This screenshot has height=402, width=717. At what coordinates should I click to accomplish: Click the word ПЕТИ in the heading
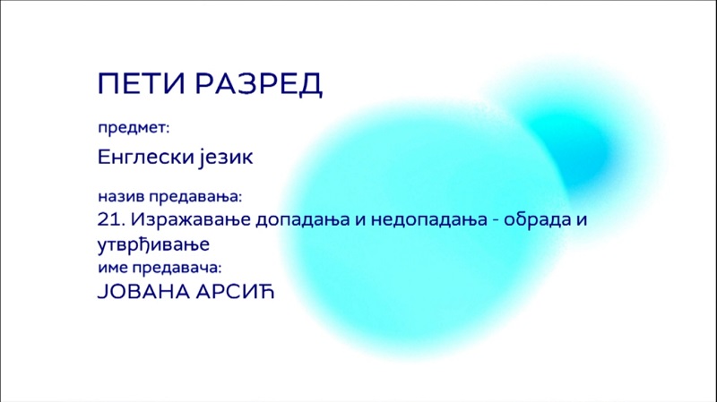click(x=142, y=83)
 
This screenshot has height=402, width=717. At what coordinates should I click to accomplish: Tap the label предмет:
click(x=134, y=128)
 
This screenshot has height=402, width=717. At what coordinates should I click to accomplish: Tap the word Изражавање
click(x=191, y=220)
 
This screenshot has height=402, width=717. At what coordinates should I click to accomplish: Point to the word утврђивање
click(x=153, y=244)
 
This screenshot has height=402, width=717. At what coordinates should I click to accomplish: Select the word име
click(x=112, y=269)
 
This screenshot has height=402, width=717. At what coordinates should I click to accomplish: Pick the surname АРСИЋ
click(x=235, y=292)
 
